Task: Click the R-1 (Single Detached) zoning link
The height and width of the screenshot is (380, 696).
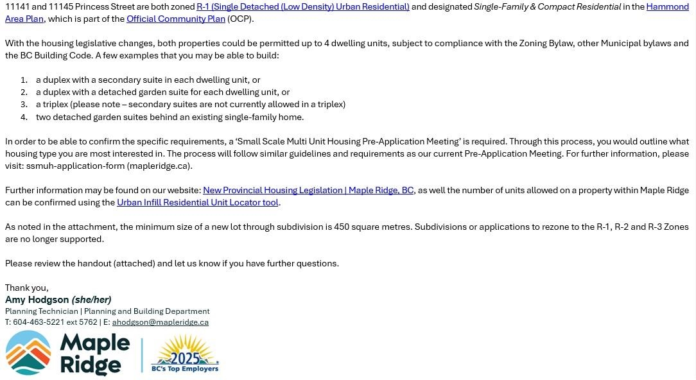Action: pyautogui.click(x=302, y=6)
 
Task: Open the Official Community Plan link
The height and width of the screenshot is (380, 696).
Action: pyautogui.click(x=176, y=19)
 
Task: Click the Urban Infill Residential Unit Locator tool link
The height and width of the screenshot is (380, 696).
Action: pyautogui.click(x=198, y=202)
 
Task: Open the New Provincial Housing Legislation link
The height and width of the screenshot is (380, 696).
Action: pyautogui.click(x=308, y=190)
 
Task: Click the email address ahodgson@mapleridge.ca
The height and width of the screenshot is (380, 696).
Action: pyautogui.click(x=160, y=322)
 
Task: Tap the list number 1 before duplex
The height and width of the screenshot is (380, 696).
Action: pyautogui.click(x=24, y=80)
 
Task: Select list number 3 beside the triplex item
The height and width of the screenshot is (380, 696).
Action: pyautogui.click(x=24, y=105)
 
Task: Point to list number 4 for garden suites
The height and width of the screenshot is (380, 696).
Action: pyautogui.click(x=24, y=117)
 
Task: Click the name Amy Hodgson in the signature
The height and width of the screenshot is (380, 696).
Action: pyautogui.click(x=37, y=300)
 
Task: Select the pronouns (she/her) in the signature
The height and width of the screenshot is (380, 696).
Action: pyautogui.click(x=91, y=300)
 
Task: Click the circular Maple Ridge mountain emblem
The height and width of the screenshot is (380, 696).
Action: pyautogui.click(x=28, y=352)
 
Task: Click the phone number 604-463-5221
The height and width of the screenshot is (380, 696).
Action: pyautogui.click(x=39, y=322)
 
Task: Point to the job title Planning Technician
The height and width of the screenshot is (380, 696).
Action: pyautogui.click(x=42, y=311)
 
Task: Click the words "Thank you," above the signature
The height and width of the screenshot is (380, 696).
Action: pyautogui.click(x=27, y=288)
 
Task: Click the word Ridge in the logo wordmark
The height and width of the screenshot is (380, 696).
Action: pyautogui.click(x=91, y=365)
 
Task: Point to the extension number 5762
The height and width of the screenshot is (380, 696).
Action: pyautogui.click(x=88, y=322)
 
